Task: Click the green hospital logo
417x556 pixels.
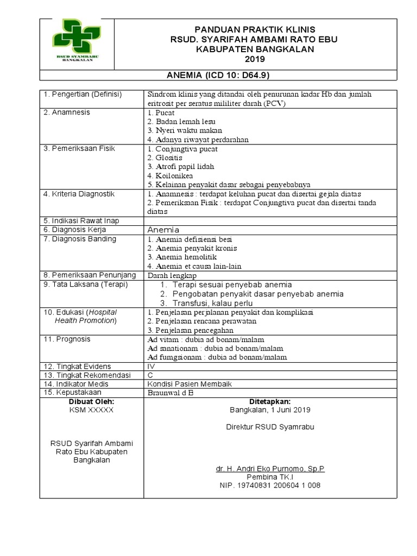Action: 75,41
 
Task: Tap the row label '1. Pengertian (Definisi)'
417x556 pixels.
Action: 83,94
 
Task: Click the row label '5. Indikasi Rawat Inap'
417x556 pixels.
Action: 81,221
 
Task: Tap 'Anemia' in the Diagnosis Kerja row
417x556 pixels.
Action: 163,230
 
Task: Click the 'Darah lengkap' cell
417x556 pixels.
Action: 172,275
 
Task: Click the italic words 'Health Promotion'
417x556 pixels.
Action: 86,320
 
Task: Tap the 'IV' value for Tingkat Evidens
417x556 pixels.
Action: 151,366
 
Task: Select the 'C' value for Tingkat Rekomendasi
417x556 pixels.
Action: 150,375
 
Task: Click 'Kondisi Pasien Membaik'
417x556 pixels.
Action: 189,384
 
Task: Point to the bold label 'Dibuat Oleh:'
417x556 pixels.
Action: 91,401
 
